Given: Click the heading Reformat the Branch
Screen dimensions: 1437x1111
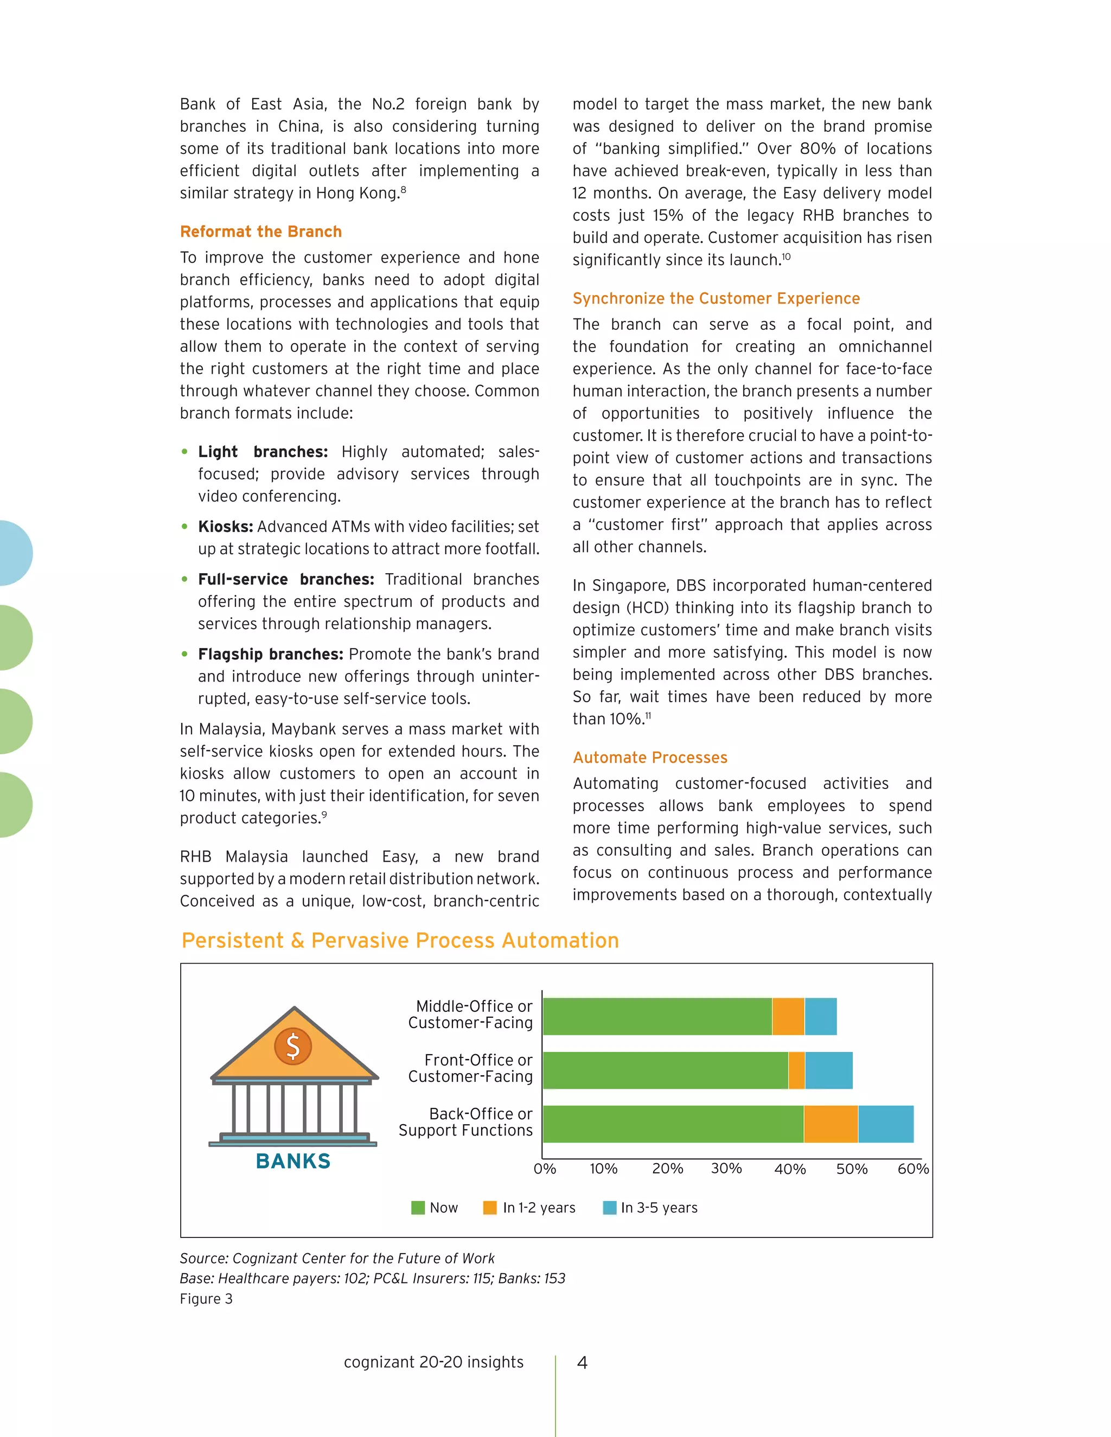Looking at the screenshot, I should [x=260, y=232].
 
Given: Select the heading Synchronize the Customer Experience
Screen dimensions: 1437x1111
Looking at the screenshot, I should [x=716, y=299].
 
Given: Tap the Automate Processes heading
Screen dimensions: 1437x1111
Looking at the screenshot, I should [x=649, y=758].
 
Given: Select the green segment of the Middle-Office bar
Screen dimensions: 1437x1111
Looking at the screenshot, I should [x=657, y=1017].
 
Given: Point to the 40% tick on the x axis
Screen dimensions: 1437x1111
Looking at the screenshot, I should [x=790, y=1169].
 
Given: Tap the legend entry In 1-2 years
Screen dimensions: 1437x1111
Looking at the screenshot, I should [x=538, y=1208].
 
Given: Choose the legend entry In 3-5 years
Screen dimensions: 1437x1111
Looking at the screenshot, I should [x=658, y=1208].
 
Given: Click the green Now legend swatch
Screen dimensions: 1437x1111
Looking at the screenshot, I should [x=418, y=1208].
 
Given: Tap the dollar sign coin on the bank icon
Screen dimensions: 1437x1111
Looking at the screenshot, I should [x=293, y=1046].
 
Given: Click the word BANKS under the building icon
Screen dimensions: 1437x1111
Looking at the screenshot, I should [x=293, y=1162].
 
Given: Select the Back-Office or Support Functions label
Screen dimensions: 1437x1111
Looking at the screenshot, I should [x=466, y=1122].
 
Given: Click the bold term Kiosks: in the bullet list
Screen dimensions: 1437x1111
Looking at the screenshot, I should [x=225, y=527].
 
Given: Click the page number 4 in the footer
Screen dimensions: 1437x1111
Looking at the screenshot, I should [x=582, y=1362].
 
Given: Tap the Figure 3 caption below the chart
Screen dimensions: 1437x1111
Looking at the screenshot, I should [x=206, y=1299].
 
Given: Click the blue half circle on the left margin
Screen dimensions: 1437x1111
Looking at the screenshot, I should [x=15, y=553].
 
